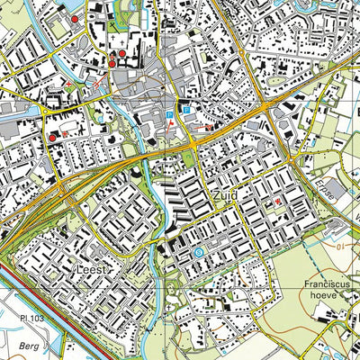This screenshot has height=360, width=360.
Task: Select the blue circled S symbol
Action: pos(199,253)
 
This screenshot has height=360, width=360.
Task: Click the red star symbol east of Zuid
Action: pos(277,202)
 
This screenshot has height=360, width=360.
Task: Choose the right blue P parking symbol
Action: pos(186,109)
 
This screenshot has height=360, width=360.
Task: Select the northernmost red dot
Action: pos(74,18)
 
